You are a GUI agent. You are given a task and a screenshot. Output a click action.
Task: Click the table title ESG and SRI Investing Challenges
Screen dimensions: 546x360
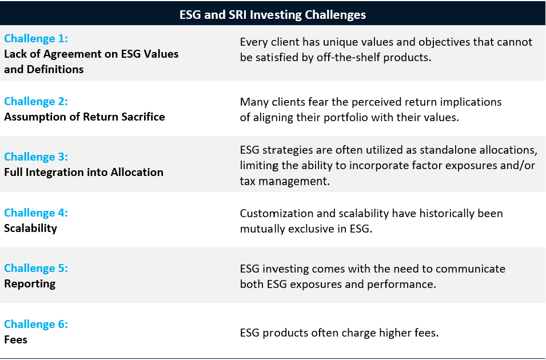coord(273,15)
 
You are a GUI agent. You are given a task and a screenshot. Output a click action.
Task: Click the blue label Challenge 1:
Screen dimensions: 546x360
coord(36,38)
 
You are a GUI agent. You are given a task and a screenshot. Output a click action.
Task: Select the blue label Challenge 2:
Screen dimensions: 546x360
coord(36,101)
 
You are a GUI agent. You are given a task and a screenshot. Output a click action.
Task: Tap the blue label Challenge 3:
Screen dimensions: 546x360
coord(36,157)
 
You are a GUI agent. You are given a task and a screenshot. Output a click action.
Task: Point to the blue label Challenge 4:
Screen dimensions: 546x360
coord(36,213)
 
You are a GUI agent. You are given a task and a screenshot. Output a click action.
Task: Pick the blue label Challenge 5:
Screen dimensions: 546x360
coord(36,268)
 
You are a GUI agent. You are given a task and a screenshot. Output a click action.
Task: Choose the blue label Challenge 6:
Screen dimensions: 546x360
coord(36,324)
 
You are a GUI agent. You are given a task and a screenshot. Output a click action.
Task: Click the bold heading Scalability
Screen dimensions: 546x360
coord(31,229)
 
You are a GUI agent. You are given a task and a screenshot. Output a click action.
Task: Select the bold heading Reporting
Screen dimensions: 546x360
coord(30,284)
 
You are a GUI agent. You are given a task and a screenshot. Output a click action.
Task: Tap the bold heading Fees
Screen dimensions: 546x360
coord(15,339)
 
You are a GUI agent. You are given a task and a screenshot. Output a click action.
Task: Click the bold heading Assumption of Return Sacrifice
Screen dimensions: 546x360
coord(85,117)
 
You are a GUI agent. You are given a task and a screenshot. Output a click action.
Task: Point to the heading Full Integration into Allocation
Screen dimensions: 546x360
coord(84,173)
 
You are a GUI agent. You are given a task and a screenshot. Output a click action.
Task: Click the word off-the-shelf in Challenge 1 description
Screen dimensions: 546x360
coord(348,57)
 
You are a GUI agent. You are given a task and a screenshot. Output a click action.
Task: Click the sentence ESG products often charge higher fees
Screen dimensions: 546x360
coord(339,333)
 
